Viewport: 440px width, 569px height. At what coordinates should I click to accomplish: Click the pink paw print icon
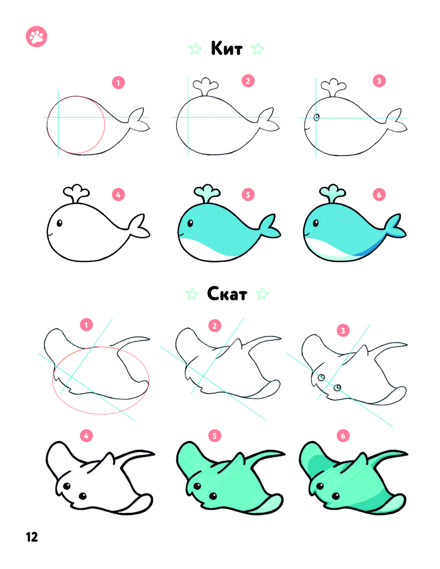point(37,36)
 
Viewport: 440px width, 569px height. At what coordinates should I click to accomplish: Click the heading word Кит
point(227,48)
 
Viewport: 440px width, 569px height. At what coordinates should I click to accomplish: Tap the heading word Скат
point(227,293)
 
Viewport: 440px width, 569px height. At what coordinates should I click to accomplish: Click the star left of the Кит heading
point(195,49)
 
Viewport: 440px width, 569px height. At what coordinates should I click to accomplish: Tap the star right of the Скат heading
point(262,294)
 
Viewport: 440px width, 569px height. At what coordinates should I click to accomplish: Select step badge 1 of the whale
point(118,83)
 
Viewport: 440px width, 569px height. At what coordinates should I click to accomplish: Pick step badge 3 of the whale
point(379,81)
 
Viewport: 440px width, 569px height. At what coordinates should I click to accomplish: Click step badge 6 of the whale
point(379,194)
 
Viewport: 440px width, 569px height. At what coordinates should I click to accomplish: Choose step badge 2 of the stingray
point(215,326)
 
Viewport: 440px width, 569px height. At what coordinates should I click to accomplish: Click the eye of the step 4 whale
point(59,223)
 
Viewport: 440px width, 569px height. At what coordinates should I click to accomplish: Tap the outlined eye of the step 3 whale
point(317,117)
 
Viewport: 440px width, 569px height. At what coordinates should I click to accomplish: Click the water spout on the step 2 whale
point(205,87)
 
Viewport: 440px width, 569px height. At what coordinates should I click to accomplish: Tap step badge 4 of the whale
point(118,194)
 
